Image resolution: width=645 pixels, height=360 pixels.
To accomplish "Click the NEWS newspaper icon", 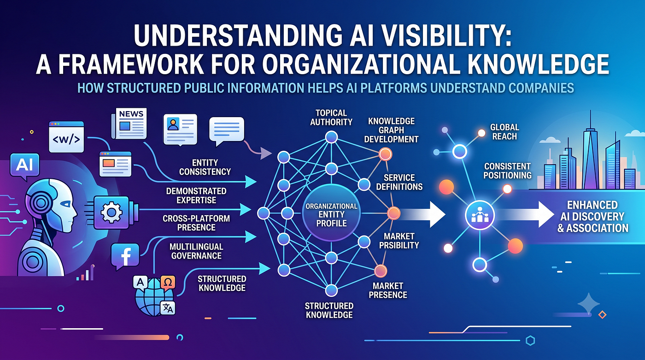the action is [129, 124].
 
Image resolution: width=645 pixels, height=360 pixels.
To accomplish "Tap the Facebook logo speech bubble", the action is [125, 256].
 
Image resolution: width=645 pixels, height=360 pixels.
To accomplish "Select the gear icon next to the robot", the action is [111, 213].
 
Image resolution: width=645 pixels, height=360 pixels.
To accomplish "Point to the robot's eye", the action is [65, 204].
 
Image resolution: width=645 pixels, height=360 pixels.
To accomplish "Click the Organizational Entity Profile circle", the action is [331, 213].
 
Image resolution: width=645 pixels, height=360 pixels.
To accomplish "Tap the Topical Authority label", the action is [331, 118].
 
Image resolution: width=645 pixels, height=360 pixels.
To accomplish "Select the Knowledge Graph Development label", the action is [391, 130].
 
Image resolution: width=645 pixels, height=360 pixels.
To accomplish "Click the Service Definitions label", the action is [399, 182].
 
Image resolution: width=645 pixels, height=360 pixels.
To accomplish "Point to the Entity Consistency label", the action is [205, 167].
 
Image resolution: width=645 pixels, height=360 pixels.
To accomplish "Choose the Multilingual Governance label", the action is [196, 251].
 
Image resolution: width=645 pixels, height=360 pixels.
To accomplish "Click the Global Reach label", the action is [504, 132].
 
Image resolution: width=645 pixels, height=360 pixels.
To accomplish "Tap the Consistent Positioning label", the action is [507, 171].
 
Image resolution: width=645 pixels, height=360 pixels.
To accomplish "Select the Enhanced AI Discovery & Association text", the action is [592, 217].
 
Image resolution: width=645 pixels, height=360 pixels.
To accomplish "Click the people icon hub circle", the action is [480, 215].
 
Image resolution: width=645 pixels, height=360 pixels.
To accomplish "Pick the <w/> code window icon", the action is [66, 137].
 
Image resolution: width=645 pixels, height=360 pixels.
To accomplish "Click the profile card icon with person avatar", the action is [180, 130].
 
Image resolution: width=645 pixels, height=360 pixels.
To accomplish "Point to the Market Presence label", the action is [388, 290].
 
